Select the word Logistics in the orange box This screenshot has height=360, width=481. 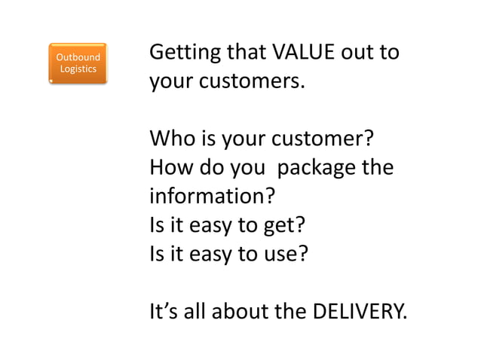point(78,69)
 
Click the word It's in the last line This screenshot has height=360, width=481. point(166,308)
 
